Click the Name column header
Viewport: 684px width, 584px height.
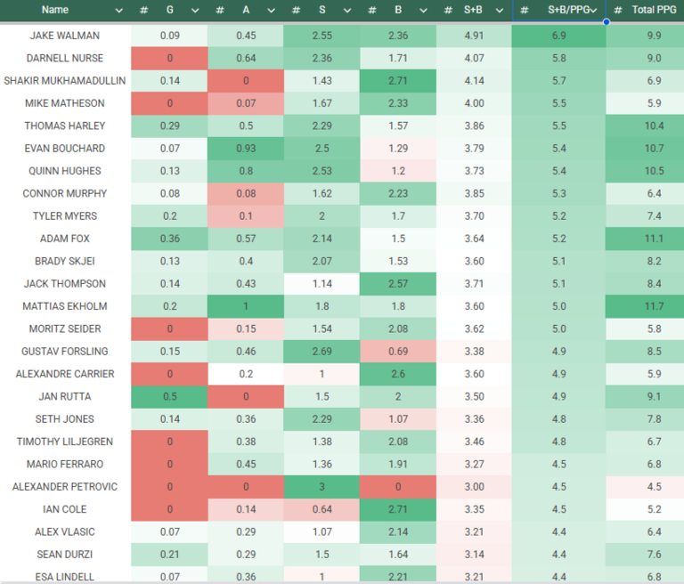55,10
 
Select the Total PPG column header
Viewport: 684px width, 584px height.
655,10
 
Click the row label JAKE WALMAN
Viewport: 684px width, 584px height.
64,36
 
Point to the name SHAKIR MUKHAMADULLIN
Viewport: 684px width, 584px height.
64,81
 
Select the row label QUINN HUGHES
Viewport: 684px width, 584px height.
64,171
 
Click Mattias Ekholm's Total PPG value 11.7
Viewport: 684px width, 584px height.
653,306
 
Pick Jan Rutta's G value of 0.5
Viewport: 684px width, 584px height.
169,396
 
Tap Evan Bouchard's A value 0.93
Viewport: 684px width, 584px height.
245,149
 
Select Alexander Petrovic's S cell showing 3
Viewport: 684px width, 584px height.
322,487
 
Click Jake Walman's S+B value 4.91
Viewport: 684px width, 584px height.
474,36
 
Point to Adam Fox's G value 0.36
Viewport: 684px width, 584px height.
169,239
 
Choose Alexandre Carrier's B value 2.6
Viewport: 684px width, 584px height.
398,374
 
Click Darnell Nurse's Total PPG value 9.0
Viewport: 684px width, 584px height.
653,59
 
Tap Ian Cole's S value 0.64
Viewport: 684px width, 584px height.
322,509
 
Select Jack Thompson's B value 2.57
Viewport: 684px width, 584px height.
398,284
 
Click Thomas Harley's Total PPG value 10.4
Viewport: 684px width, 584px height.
653,126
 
